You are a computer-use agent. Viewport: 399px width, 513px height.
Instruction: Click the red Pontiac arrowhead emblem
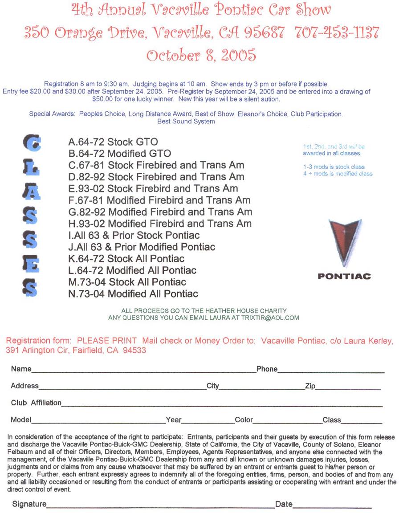345,240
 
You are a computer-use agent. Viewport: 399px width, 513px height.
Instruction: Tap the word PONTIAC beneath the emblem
344,277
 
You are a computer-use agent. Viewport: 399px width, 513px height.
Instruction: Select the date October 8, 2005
201,55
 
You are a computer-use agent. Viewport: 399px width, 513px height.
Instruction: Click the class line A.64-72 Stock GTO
113,142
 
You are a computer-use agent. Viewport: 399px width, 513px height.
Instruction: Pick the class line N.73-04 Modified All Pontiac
133,294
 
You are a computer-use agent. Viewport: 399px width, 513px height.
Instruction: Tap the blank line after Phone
330,371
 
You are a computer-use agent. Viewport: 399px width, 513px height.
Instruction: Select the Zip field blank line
348,388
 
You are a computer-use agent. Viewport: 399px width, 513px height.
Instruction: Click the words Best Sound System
186,122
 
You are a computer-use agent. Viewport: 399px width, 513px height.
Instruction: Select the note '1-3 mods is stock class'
334,167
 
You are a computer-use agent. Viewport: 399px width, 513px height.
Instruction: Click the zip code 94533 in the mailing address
134,350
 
